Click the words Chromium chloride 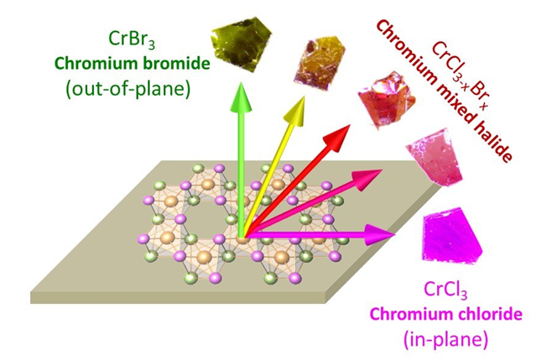(450, 316)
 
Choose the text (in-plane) (450, 339)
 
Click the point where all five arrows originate (242, 237)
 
